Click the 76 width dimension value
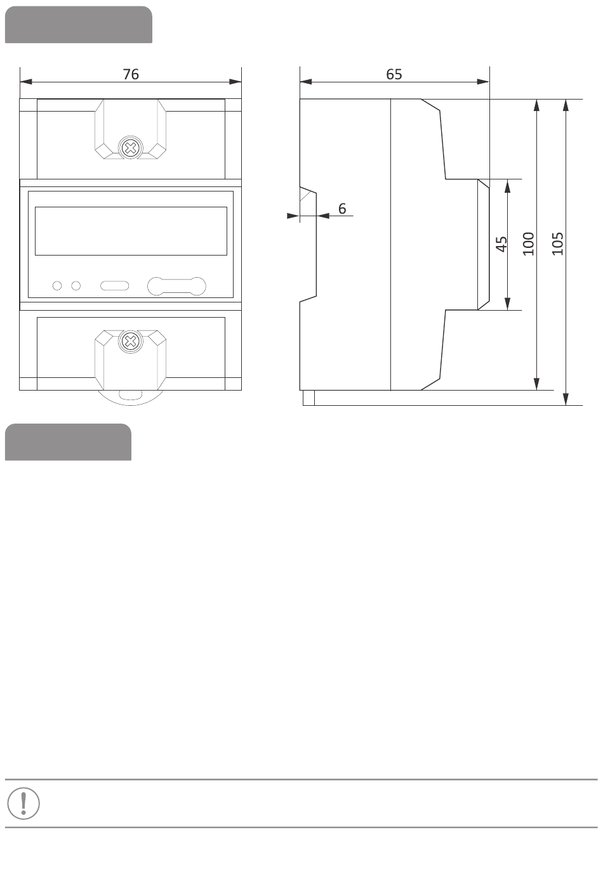click(130, 74)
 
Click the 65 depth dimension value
click(394, 74)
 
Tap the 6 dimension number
click(342, 209)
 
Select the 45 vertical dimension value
click(501, 244)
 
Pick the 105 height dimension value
click(558, 243)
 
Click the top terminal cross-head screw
click(130, 148)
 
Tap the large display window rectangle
click(130, 231)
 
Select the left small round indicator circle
click(57, 286)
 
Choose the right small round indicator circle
click(76, 286)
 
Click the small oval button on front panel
click(115, 286)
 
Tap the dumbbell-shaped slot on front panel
click(176, 286)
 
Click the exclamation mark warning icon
click(23, 803)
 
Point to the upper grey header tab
click(79, 25)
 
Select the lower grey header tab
click(68, 442)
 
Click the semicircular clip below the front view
click(130, 396)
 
